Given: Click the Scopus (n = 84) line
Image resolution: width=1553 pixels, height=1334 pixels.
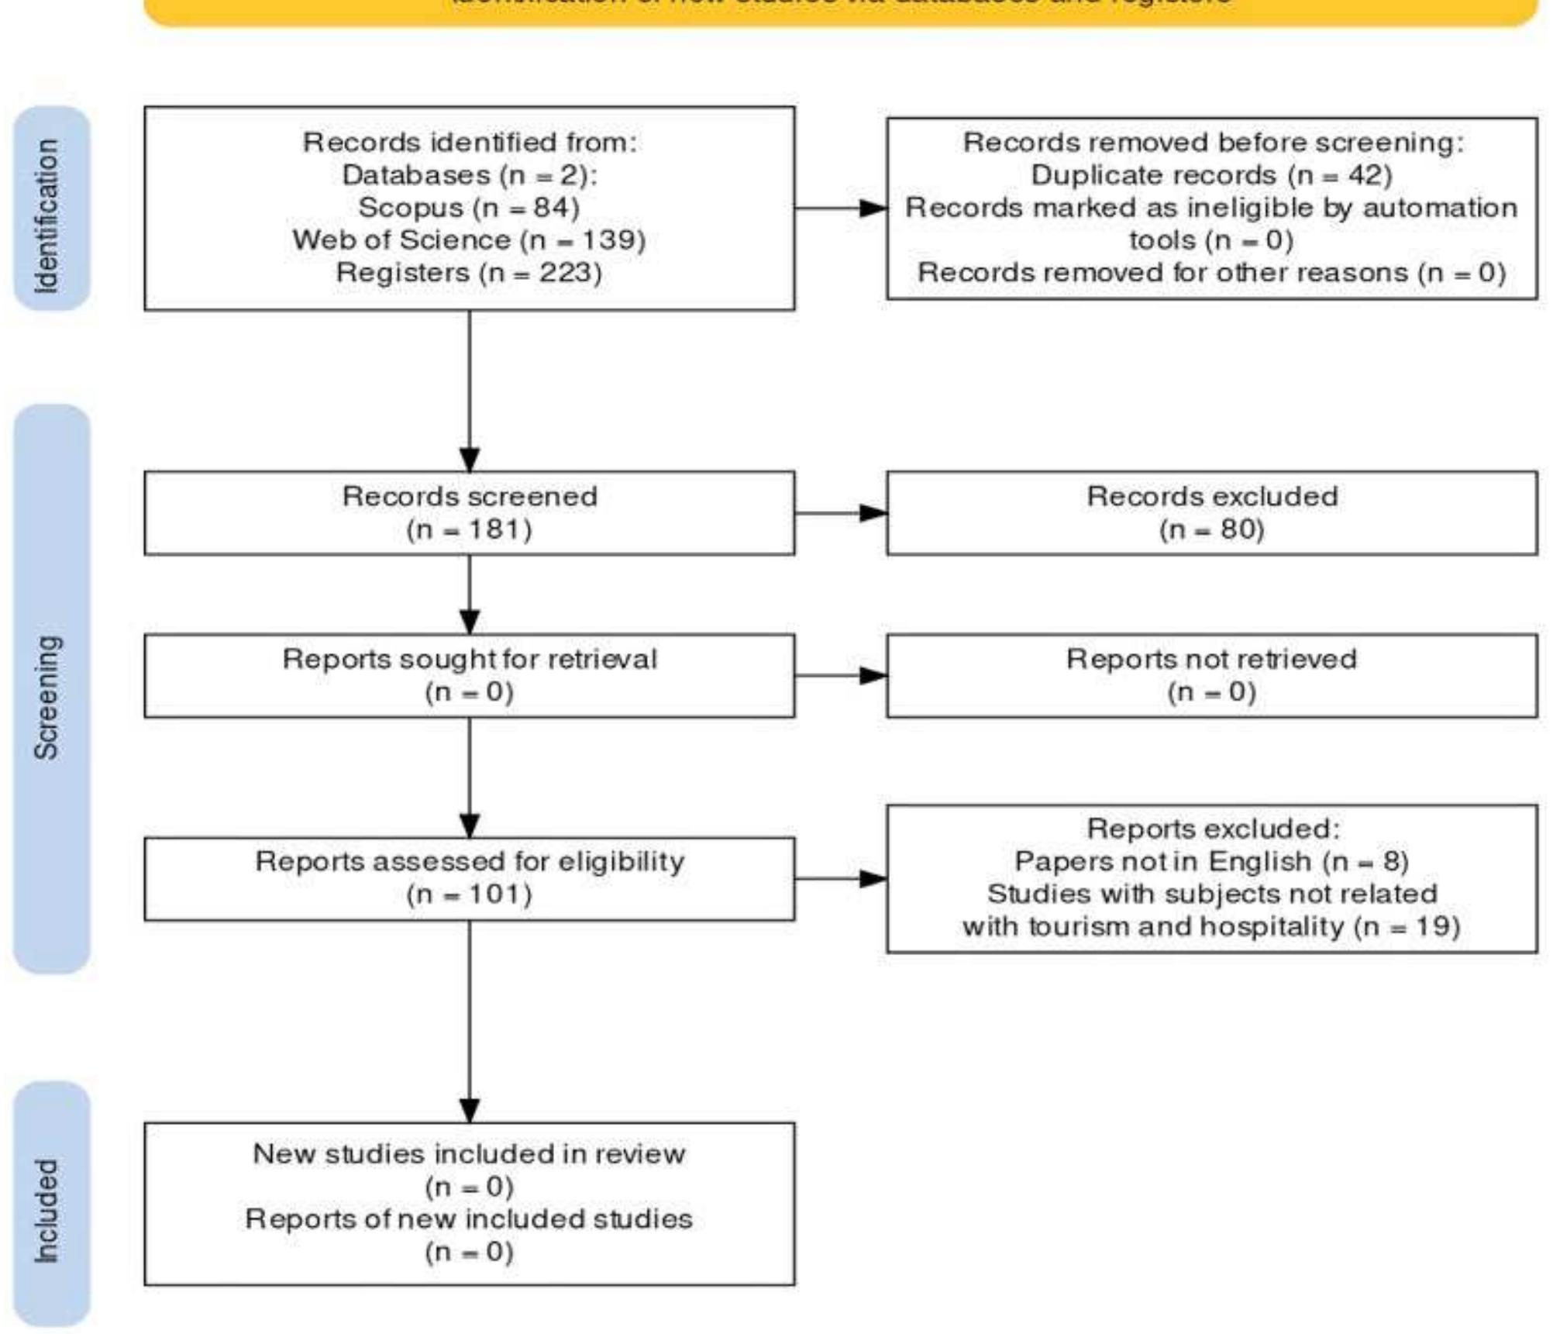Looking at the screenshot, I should coord(469,208).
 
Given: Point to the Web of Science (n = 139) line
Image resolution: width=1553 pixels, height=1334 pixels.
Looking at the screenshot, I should coord(469,240).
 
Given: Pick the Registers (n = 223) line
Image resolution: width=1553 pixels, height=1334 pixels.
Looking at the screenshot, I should coord(469,273).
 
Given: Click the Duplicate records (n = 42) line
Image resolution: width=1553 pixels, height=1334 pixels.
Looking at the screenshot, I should coord(1211,175).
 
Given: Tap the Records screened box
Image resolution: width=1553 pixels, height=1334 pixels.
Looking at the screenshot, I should coord(469,512).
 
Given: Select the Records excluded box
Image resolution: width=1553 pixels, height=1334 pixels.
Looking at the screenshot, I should coord(1211,512).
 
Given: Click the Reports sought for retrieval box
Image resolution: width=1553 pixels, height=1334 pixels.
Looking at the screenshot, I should coord(469,675).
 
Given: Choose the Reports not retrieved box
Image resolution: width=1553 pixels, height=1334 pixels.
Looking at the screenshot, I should coord(1211,675).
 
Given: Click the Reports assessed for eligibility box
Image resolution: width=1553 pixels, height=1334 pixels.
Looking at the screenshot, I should coord(469,878).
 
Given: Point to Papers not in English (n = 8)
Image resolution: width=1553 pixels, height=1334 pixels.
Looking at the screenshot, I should coord(1211,861).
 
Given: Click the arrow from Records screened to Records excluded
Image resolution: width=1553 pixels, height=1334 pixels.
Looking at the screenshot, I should coord(841,512).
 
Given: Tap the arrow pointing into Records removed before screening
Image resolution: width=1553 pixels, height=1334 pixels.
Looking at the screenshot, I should coord(841,208).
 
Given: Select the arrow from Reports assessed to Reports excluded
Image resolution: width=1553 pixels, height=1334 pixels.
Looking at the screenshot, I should coord(841,878).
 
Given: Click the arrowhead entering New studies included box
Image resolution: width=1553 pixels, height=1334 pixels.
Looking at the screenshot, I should coord(470,1110).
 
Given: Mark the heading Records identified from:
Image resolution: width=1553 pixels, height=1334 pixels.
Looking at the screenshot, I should coord(469,143).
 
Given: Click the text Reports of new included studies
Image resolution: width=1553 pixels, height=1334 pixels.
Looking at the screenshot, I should coord(469,1219).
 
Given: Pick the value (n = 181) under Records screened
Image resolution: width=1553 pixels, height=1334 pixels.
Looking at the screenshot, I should coord(469,529).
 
